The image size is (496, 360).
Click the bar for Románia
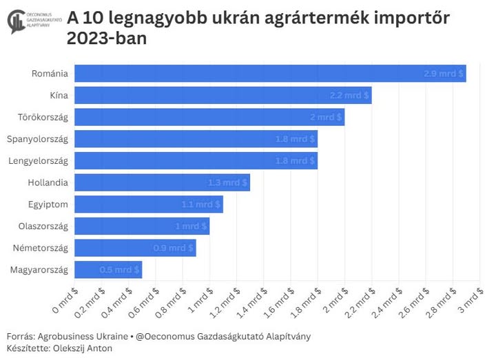click(x=269, y=73)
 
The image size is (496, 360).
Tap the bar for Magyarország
click(x=107, y=269)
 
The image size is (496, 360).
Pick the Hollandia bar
click(x=161, y=182)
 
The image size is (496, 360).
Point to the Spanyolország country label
click(x=37, y=139)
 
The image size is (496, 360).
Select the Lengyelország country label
click(x=38, y=161)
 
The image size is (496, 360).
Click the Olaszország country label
click(x=43, y=226)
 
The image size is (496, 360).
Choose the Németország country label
click(x=41, y=248)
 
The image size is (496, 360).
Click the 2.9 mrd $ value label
click(x=443, y=73)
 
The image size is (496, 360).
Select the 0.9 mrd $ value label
click(x=173, y=248)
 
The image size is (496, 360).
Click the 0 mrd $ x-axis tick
click(x=66, y=296)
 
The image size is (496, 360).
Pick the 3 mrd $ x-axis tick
click(x=471, y=296)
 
